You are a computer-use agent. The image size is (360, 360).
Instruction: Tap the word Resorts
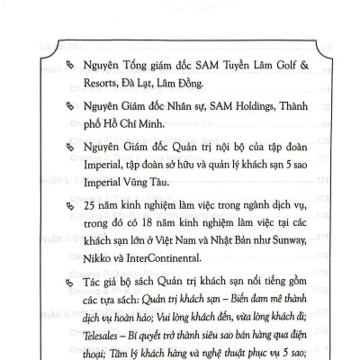[100, 85]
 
